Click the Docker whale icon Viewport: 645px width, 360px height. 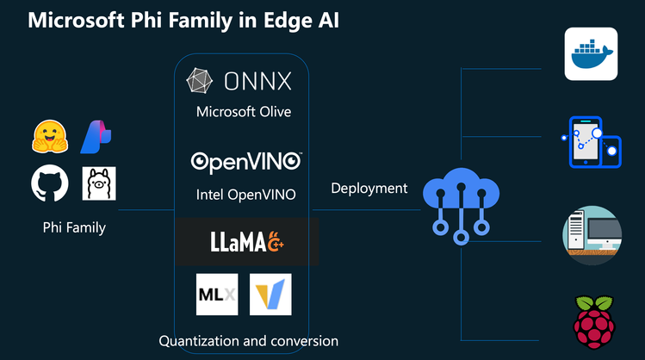(x=591, y=54)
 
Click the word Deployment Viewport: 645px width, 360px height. (x=369, y=188)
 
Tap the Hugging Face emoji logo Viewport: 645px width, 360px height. (x=50, y=136)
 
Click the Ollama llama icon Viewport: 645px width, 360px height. (x=99, y=183)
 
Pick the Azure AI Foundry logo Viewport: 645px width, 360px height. (x=96, y=136)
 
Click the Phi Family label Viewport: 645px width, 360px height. (x=73, y=228)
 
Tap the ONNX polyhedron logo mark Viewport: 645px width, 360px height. (x=201, y=82)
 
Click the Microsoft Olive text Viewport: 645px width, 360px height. (x=244, y=112)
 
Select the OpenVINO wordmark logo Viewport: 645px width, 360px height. (x=245, y=161)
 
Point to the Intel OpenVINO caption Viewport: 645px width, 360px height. (x=245, y=195)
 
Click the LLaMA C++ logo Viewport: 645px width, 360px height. (x=245, y=242)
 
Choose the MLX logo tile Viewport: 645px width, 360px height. (x=216, y=295)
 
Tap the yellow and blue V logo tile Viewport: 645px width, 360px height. (x=270, y=295)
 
